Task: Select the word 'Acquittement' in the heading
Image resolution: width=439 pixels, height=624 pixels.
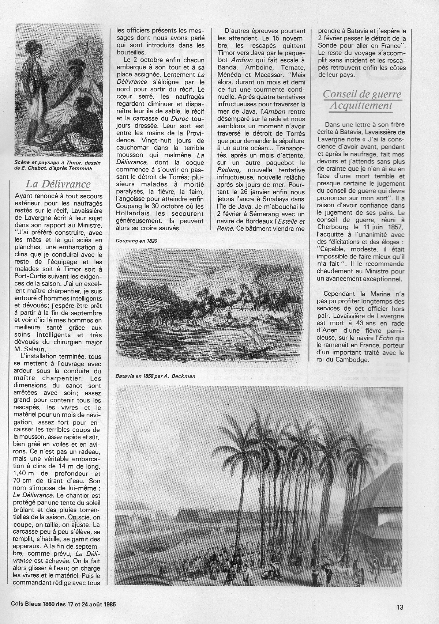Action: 361,106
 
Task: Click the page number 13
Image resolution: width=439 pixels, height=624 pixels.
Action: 399,608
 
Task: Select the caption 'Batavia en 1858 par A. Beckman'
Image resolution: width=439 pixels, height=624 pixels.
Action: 155,376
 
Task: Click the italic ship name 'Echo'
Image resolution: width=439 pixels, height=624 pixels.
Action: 382,337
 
